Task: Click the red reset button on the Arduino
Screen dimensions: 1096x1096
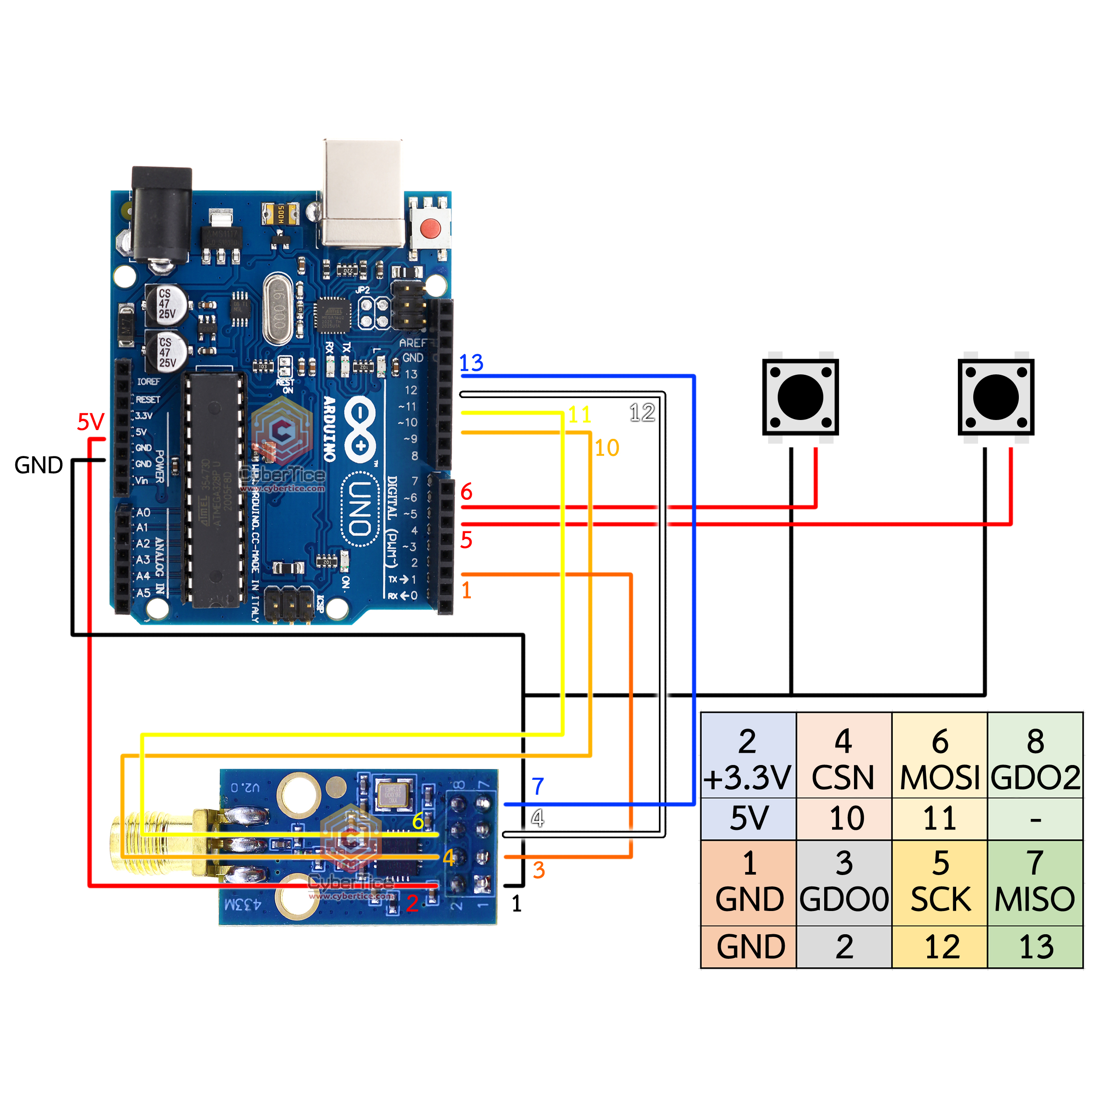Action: (x=430, y=228)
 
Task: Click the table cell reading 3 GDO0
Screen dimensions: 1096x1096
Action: (x=843, y=882)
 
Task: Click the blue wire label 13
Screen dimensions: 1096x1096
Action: (x=471, y=363)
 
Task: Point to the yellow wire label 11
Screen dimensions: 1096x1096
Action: (x=580, y=415)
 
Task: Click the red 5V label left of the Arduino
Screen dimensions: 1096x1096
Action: (x=91, y=421)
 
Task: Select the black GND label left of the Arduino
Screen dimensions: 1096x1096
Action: (x=39, y=465)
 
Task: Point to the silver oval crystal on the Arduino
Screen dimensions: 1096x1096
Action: (x=278, y=309)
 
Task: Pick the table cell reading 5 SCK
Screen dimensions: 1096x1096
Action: (x=940, y=882)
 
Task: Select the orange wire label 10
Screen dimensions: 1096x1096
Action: (x=606, y=448)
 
